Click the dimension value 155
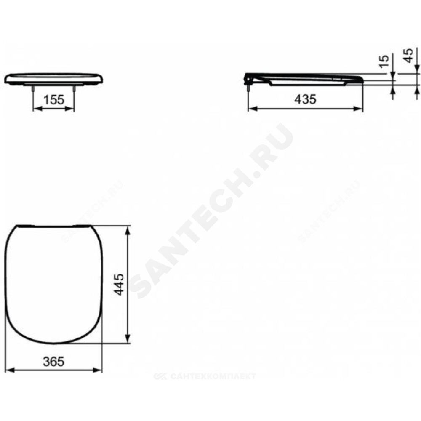54,100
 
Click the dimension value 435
305,100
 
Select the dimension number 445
119,284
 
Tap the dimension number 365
54,362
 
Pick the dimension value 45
409,56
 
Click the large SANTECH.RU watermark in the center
211,211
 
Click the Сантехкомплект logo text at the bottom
205,376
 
